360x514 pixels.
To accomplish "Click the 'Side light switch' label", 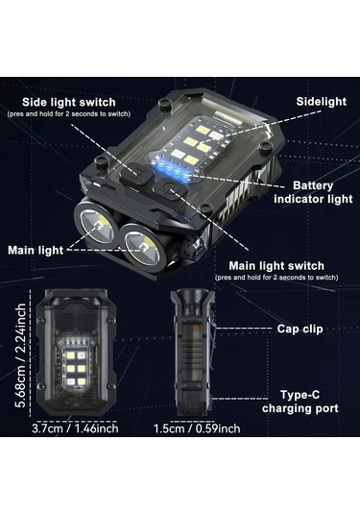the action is (69, 102).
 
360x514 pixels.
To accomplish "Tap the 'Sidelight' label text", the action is (321, 102).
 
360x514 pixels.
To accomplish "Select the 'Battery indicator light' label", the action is (313, 192).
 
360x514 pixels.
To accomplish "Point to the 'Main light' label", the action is (36, 251).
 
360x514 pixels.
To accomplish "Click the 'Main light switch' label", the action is (276, 266).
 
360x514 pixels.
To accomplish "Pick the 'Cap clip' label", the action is (300, 329).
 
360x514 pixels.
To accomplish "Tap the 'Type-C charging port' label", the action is (300, 402).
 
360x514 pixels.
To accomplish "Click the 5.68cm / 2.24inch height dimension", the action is (21, 355).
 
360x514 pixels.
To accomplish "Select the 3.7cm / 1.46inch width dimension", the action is (75, 428).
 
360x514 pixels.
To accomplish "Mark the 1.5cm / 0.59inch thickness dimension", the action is (197, 428).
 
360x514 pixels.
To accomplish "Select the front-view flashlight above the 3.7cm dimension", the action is (76, 353).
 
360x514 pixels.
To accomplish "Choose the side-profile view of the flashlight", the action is (193, 353).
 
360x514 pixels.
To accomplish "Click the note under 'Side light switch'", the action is (69, 114).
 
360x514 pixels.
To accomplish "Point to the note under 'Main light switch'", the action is (276, 278).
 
